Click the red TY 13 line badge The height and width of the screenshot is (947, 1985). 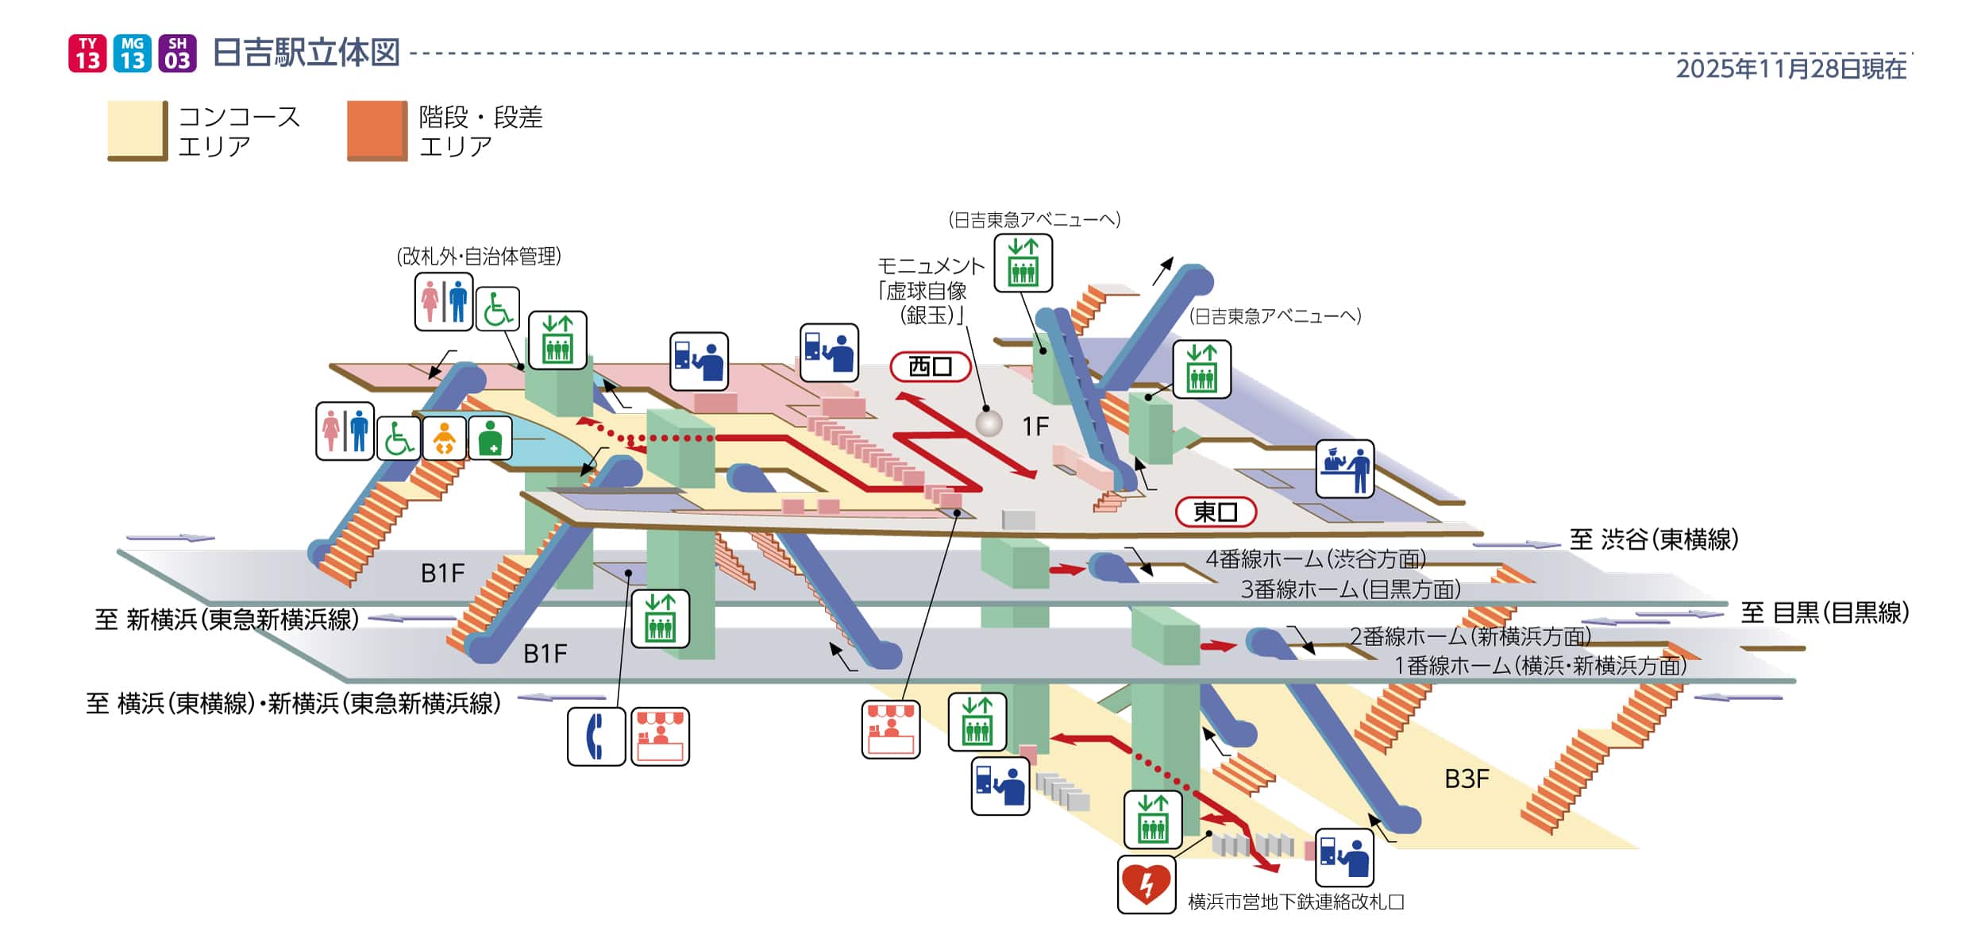[x=87, y=53]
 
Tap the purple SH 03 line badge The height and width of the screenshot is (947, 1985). [x=177, y=53]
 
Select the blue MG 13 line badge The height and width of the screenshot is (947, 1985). [x=133, y=53]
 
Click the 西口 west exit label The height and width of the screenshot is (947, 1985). [x=930, y=366]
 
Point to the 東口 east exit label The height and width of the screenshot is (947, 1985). [x=1215, y=512]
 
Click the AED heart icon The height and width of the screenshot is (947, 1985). [x=1146, y=883]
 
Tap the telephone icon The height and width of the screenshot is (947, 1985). [x=595, y=736]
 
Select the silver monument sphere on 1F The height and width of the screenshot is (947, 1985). [x=989, y=422]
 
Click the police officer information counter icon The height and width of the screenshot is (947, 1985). [x=1344, y=468]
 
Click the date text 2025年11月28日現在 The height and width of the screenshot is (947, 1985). [x=1790, y=69]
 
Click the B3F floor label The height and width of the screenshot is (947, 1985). [x=1466, y=779]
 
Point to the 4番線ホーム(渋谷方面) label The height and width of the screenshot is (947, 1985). [x=1315, y=559]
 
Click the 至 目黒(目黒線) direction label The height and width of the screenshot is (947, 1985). [x=1824, y=613]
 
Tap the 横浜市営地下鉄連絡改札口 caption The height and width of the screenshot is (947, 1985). [x=1296, y=902]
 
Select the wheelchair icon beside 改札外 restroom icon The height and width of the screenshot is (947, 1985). [x=497, y=309]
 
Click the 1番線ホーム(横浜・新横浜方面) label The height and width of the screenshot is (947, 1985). [x=1540, y=665]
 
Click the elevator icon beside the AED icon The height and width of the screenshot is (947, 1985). [x=1152, y=819]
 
